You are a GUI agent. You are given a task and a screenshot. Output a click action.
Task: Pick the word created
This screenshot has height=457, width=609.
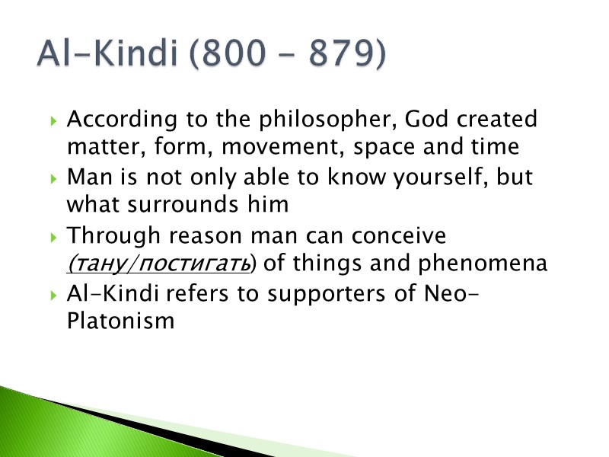499,120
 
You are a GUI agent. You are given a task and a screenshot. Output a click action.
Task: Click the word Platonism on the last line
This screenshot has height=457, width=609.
120,321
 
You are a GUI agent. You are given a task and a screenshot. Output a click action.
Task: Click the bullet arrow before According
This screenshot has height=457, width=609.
51,121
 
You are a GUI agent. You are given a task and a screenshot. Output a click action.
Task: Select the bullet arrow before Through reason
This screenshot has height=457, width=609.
51,236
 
